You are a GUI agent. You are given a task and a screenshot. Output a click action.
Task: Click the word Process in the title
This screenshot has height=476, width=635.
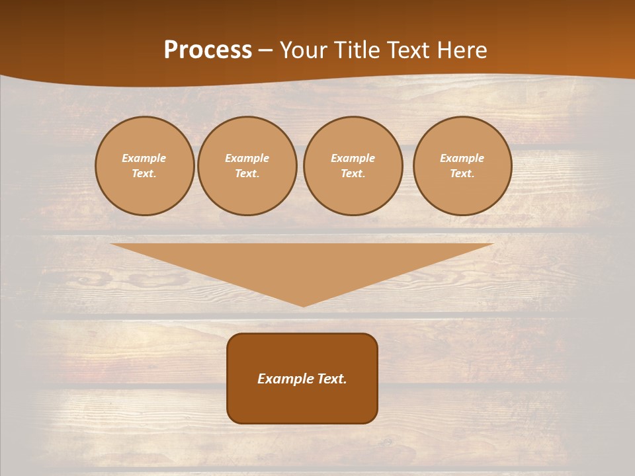(208, 50)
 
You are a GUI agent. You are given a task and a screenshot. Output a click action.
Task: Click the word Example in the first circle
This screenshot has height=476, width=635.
(144, 158)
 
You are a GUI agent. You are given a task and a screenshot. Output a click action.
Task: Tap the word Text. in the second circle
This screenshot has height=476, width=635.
(247, 173)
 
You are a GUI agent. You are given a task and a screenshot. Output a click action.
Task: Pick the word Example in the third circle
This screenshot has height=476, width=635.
(353, 158)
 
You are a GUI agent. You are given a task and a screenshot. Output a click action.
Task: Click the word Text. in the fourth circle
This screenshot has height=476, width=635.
(462, 173)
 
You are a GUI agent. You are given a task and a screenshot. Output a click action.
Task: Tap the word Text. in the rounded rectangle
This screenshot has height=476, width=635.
(331, 379)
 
